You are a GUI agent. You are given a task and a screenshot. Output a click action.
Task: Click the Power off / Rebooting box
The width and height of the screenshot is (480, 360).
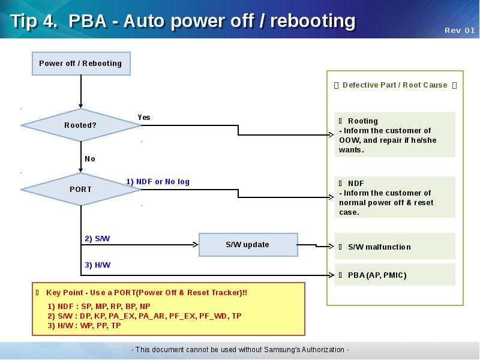pyautogui.click(x=80, y=64)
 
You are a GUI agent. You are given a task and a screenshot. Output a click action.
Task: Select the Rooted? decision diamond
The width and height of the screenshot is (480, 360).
pyautogui.click(x=80, y=125)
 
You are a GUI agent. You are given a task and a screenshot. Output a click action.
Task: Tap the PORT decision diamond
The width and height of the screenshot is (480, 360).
pyautogui.click(x=80, y=190)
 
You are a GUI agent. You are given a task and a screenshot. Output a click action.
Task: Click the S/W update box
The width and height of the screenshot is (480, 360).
pyautogui.click(x=247, y=245)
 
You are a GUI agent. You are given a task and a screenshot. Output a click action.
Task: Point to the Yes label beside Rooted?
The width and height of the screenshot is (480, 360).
pyautogui.click(x=144, y=118)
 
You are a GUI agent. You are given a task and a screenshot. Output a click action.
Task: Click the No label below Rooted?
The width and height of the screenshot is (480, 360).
pyautogui.click(x=90, y=159)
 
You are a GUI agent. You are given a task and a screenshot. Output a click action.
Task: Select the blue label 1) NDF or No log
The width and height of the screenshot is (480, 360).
pyautogui.click(x=158, y=181)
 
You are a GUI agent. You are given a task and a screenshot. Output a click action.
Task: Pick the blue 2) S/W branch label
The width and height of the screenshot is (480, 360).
pyautogui.click(x=97, y=239)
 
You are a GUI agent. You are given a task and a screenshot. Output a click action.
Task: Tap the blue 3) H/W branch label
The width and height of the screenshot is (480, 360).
pyautogui.click(x=97, y=265)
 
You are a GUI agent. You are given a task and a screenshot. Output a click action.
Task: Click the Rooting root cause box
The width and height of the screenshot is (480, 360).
pyautogui.click(x=395, y=135)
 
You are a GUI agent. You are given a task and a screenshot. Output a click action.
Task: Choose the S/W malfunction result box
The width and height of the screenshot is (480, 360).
pyautogui.click(x=395, y=247)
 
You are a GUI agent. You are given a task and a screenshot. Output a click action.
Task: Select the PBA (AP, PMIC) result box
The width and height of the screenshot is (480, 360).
pyautogui.click(x=395, y=275)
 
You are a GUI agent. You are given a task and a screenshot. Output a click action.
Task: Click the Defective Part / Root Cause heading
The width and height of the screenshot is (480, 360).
pyautogui.click(x=395, y=85)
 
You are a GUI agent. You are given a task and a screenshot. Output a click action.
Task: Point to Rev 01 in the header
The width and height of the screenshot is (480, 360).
pyautogui.click(x=460, y=31)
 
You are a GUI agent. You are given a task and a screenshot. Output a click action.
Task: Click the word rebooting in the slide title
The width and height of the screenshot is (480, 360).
pyautogui.click(x=313, y=21)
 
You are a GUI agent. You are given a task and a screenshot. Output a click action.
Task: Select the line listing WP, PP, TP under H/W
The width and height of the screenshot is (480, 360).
pyautogui.click(x=84, y=326)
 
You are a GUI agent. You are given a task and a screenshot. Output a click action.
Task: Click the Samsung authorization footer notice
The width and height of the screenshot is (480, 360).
pyautogui.click(x=240, y=350)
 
